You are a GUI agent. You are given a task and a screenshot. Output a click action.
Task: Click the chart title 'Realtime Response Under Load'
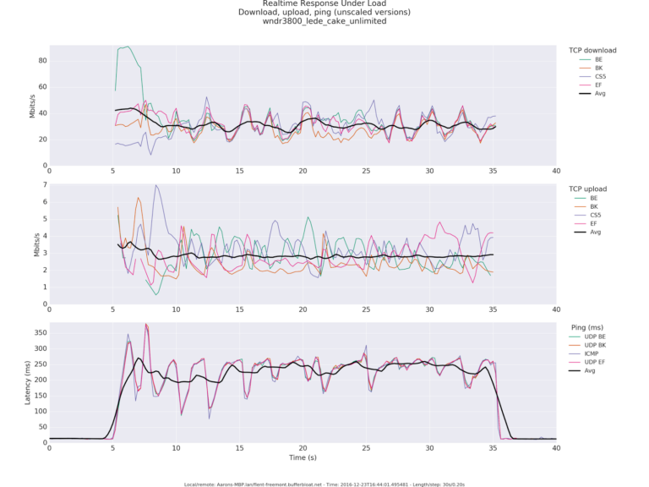324,3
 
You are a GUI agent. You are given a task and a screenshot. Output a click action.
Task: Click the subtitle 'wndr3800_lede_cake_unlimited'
324,21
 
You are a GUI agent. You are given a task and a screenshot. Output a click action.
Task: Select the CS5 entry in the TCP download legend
600,77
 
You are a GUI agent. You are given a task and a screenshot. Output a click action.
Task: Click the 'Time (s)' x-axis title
303,457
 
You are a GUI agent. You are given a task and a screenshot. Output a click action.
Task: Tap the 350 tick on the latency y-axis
36,333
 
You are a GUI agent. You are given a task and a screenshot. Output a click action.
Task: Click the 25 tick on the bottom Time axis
366,449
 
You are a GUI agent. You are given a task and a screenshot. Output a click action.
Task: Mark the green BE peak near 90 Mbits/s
127,47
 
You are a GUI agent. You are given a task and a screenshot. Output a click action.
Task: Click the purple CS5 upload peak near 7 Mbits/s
155,185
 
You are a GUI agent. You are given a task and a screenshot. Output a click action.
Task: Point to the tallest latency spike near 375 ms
145,325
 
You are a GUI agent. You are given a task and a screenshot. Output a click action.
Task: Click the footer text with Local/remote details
324,484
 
